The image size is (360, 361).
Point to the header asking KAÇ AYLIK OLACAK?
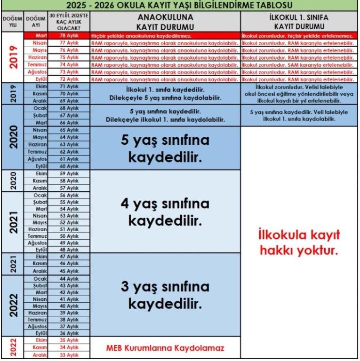coord(69,21)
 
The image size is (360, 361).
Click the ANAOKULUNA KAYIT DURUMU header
coord(165,21)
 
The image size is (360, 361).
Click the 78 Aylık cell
coord(69,36)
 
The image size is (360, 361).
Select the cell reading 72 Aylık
coord(69,79)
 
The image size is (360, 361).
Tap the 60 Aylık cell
coord(69,166)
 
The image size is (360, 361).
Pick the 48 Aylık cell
coord(69,250)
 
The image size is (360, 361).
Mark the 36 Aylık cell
coord(69,333)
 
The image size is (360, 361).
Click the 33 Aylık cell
coord(69,356)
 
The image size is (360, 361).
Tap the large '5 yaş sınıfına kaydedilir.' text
coord(165,149)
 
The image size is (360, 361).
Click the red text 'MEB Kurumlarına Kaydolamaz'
coord(165,348)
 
